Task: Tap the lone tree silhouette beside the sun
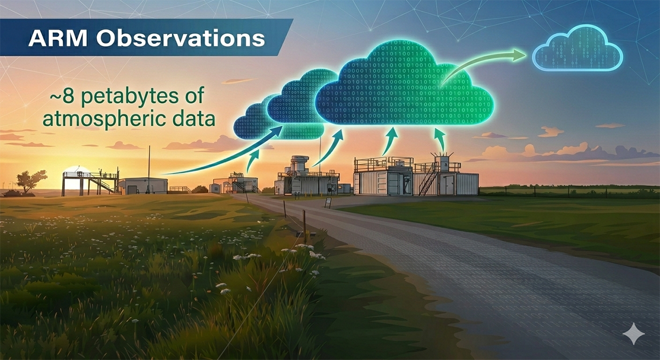32,179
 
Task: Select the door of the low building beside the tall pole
132,189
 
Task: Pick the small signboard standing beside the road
328,201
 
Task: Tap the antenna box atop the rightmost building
442,163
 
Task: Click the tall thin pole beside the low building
148,165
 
